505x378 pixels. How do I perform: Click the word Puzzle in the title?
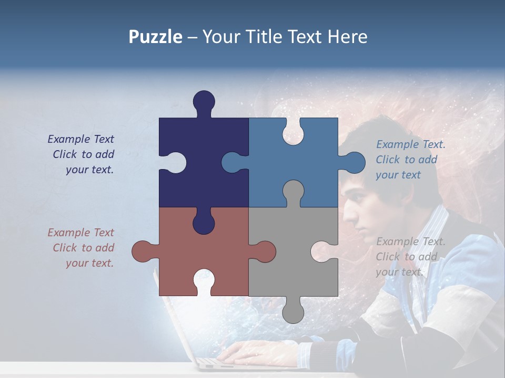pos(155,37)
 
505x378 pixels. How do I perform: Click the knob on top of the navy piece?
pos(204,101)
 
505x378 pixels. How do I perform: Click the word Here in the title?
pos(347,37)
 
